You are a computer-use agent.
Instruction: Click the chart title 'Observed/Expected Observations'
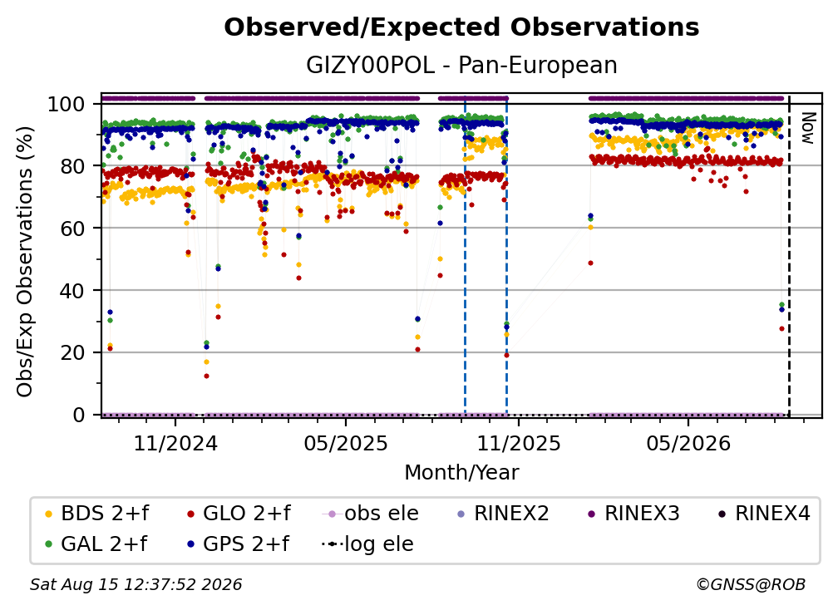(x=461, y=27)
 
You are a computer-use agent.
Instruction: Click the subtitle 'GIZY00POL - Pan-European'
(x=461, y=65)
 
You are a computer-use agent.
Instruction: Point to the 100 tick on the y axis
(x=67, y=104)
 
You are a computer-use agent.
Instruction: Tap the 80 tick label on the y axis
(x=72, y=166)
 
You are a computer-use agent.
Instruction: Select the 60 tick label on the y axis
(x=72, y=228)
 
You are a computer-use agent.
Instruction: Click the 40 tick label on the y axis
(x=72, y=291)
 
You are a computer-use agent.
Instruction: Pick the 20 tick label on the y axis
(x=72, y=352)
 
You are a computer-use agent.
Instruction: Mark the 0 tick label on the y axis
(x=79, y=415)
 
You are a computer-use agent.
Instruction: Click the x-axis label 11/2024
(x=175, y=443)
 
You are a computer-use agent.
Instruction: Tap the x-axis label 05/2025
(x=346, y=443)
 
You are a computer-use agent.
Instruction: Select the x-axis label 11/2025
(x=519, y=443)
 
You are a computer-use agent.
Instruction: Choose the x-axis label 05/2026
(x=688, y=443)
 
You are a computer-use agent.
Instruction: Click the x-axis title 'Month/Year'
(x=461, y=472)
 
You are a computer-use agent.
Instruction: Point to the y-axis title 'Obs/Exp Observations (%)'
(x=25, y=261)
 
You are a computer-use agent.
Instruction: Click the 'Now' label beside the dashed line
(x=807, y=128)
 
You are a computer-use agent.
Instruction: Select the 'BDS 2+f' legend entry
(x=96, y=514)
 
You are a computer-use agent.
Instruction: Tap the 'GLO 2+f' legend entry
(x=239, y=514)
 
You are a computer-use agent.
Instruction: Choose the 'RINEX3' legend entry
(x=633, y=514)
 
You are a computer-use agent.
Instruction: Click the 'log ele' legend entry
(x=367, y=544)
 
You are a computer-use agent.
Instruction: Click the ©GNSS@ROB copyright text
(x=751, y=585)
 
